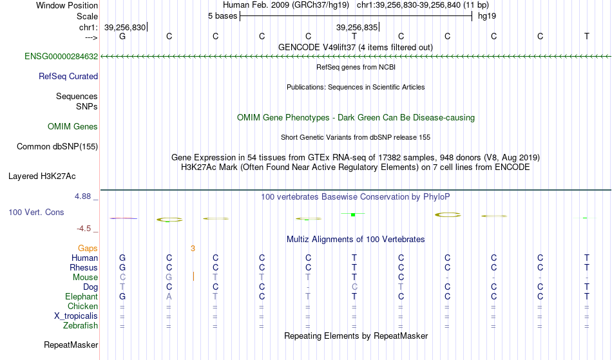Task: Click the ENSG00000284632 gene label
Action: coord(61,57)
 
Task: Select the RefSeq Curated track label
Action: coord(68,77)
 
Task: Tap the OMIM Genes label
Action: coord(73,127)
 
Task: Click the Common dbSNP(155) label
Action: coord(57,147)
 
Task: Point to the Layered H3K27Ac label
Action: coord(42,176)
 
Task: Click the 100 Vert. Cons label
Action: coord(36,212)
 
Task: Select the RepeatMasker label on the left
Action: coord(71,345)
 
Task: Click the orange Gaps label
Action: coord(88,249)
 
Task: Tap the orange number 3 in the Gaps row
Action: coord(193,249)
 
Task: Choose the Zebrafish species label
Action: coord(81,326)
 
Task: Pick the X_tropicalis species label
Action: coord(76,316)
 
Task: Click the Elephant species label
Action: coord(81,297)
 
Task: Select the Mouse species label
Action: coord(85,278)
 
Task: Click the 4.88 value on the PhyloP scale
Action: coord(82,196)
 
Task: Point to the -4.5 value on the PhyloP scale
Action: coord(84,229)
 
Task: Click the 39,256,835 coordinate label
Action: coord(357,27)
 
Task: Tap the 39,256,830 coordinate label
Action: coord(125,27)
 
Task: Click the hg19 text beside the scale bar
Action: coord(487,16)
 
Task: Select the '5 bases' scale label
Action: coord(222,16)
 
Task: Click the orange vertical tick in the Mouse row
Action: coord(194,276)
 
